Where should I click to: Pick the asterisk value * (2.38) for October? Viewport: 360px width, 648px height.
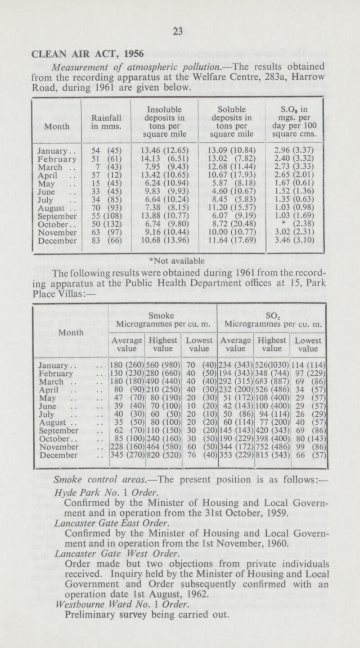point(297,236)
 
